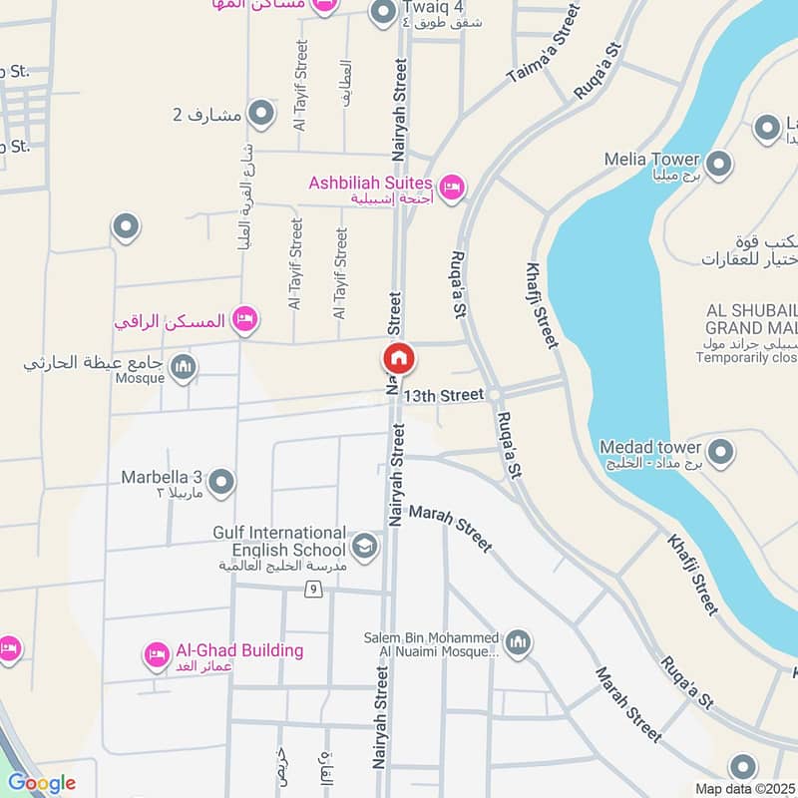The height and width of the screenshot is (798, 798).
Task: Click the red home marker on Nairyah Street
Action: [397, 359]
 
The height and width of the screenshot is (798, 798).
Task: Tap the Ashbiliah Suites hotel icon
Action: [452, 187]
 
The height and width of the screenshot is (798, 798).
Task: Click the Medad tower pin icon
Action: [720, 452]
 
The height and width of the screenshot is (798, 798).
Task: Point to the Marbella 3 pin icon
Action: [222, 482]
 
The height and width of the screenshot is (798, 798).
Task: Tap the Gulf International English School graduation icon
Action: [364, 546]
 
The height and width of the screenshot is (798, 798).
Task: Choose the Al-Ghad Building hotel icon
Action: [157, 654]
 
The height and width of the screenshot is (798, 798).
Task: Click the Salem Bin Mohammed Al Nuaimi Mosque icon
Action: [517, 643]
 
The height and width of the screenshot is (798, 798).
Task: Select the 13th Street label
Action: [449, 396]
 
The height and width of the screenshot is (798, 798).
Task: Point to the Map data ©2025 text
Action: [744, 788]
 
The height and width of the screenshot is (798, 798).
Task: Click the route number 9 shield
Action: [313, 591]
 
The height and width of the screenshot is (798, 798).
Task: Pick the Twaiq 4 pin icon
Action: [383, 13]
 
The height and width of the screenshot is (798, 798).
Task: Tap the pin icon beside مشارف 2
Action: [261, 115]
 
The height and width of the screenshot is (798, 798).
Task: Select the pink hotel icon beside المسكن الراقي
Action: [244, 320]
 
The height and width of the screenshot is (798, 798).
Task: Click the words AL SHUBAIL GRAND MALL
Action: [751, 318]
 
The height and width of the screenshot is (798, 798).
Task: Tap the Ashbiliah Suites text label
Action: [370, 183]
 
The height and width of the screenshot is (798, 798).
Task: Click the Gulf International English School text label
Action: [279, 541]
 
